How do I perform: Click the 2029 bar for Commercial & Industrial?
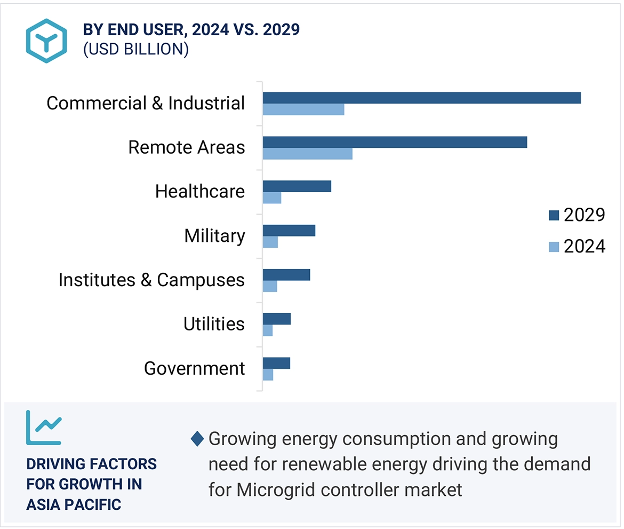tap(421, 98)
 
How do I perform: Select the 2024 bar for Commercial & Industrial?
tap(303, 109)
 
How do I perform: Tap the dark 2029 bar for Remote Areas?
tap(395, 142)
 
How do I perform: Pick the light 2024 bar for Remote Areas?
tap(308, 154)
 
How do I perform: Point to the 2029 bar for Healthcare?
tap(297, 186)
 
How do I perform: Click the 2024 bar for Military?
tap(270, 242)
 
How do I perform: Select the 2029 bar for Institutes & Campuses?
tap(286, 274)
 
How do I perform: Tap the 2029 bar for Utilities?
tap(277, 319)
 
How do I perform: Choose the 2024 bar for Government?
tap(268, 375)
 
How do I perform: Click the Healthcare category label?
tap(200, 191)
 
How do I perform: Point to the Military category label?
tap(214, 235)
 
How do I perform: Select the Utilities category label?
tap(214, 324)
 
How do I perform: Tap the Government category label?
tap(195, 368)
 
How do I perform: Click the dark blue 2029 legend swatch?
tap(554, 215)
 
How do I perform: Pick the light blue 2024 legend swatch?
tap(554, 247)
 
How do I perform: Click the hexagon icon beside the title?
tap(46, 41)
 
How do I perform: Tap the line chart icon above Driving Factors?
tap(44, 428)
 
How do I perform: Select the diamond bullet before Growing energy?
tap(197, 439)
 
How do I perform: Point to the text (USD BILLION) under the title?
tap(136, 49)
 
